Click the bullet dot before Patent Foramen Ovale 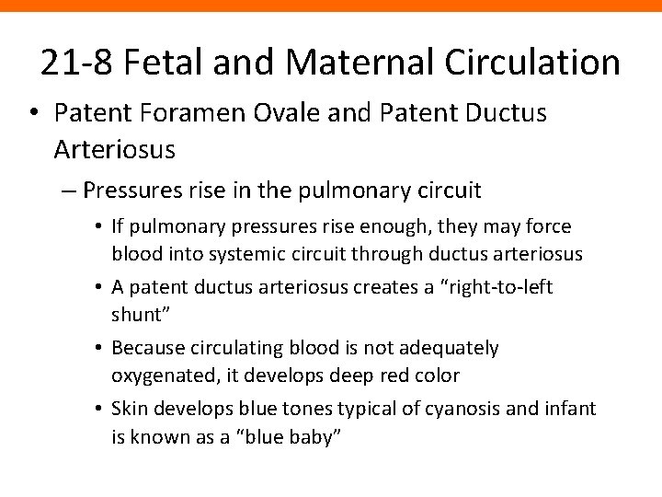point(34,115)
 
